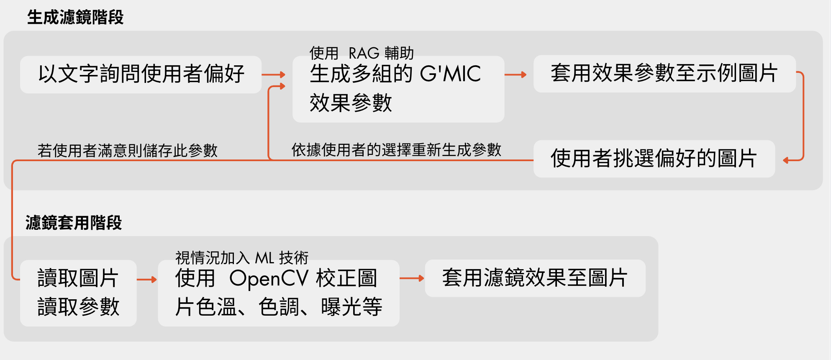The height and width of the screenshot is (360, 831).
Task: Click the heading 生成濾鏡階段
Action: pyautogui.click(x=75, y=18)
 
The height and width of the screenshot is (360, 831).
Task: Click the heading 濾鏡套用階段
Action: pyautogui.click(x=74, y=223)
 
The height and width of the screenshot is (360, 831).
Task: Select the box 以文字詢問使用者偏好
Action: pyautogui.click(x=141, y=75)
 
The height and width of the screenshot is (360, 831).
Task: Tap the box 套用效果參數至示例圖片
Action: pyautogui.click(x=664, y=74)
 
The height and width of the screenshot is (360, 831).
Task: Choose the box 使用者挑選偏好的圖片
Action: pyautogui.click(x=654, y=159)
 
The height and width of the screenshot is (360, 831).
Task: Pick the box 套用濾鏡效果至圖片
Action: pyautogui.click(x=535, y=278)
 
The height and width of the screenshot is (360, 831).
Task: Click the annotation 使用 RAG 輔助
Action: pyautogui.click(x=362, y=53)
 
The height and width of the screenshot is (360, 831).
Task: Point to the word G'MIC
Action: pyautogui.click(x=450, y=74)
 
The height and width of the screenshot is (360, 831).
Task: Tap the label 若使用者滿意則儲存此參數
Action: pyautogui.click(x=128, y=150)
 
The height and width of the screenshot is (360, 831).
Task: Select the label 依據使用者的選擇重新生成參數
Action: pyautogui.click(x=396, y=149)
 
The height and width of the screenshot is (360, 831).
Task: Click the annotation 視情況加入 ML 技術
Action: pyautogui.click(x=242, y=258)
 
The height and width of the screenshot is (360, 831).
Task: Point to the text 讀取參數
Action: pyautogui.click(x=78, y=307)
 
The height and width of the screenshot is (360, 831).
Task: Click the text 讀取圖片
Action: pyautogui.click(x=78, y=278)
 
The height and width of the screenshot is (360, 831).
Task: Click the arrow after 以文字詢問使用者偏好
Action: pyautogui.click(x=273, y=75)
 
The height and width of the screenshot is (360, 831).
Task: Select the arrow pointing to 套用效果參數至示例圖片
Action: pyautogui.click(x=516, y=75)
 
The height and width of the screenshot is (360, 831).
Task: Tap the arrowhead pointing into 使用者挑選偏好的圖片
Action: pyautogui.click(x=786, y=160)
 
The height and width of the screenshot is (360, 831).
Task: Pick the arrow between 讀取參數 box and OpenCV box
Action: pyautogui.click(x=147, y=280)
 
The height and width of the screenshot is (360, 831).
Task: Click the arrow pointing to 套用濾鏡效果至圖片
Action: pyautogui.click(x=412, y=278)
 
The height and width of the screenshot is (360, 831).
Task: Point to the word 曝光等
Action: pyautogui.click(x=351, y=307)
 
